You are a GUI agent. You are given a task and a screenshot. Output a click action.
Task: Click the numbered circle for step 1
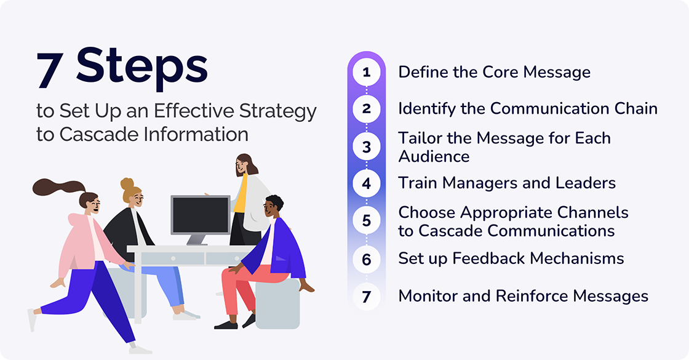tap(367, 73)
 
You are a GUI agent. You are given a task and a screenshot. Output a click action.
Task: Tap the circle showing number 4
tap(367, 183)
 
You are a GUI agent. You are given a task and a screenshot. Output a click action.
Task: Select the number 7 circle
tap(367, 296)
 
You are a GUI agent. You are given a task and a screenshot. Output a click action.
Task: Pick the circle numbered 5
tap(367, 221)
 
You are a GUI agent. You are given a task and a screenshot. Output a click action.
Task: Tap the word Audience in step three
tap(434, 156)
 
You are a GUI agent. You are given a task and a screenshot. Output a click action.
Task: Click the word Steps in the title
tap(141, 66)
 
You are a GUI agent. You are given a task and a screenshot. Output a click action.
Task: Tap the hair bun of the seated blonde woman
tap(127, 183)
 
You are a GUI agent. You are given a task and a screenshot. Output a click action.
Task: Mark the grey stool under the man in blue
tap(277, 305)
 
